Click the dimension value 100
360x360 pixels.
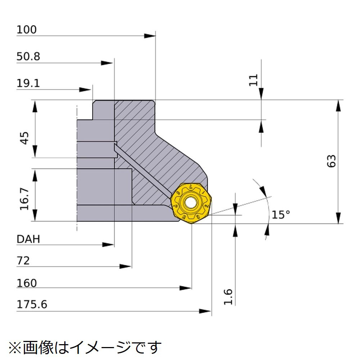click(x=27, y=30)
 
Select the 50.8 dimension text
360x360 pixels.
click(x=28, y=57)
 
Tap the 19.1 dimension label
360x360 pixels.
click(x=28, y=84)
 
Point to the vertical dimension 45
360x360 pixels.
click(x=25, y=138)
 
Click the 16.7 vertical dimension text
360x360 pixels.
click(x=24, y=199)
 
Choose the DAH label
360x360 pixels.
click(x=28, y=239)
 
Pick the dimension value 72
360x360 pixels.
click(x=23, y=261)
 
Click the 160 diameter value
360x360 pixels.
click(x=27, y=283)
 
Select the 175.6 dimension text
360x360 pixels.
click(x=32, y=305)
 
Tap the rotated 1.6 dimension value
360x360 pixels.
click(x=228, y=297)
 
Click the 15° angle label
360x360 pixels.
click(x=281, y=215)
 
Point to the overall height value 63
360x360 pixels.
click(x=331, y=161)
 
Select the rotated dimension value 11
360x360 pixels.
click(x=253, y=80)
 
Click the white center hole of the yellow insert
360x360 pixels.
click(x=190, y=203)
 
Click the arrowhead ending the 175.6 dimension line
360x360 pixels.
click(x=205, y=311)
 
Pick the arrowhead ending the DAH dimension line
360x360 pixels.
click(x=108, y=245)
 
